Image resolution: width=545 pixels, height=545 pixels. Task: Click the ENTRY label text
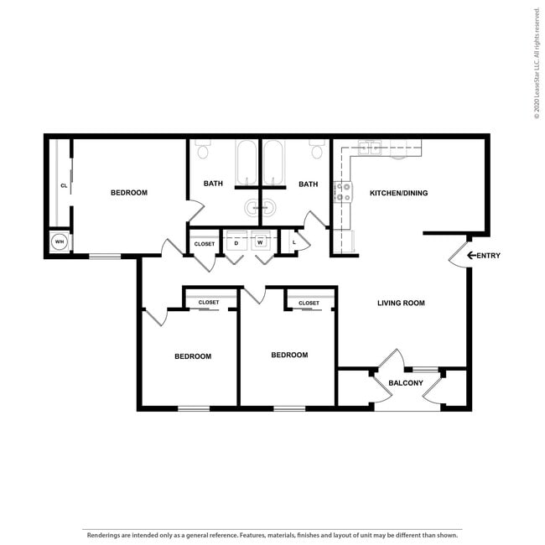pyautogui.click(x=488, y=256)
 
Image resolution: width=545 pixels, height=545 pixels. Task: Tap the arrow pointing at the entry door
pyautogui.click(x=471, y=256)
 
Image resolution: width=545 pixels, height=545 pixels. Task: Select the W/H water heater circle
pyautogui.click(x=60, y=241)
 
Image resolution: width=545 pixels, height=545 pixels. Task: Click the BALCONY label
pyautogui.click(x=406, y=383)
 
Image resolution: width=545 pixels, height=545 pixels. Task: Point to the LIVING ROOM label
pyautogui.click(x=401, y=303)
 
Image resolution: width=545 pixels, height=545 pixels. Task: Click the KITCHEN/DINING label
pyautogui.click(x=398, y=193)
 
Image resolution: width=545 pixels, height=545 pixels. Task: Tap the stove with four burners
pyautogui.click(x=343, y=192)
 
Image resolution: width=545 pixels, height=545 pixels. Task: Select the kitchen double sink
pyautogui.click(x=370, y=148)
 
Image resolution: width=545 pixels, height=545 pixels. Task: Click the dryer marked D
pyautogui.click(x=236, y=240)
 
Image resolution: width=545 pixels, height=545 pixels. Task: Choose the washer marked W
pyautogui.click(x=260, y=240)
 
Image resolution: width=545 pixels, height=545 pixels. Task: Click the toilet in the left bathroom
pyautogui.click(x=203, y=148)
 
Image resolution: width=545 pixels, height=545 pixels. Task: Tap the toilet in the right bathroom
pyautogui.click(x=317, y=148)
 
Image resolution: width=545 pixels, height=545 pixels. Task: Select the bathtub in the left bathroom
pyautogui.click(x=247, y=163)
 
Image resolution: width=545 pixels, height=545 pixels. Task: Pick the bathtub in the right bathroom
pyautogui.click(x=273, y=163)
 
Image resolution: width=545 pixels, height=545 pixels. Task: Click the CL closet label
pyautogui.click(x=64, y=185)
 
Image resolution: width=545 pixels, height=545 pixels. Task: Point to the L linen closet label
pyautogui.click(x=294, y=242)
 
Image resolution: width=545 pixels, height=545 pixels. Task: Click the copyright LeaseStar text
pyautogui.click(x=537, y=63)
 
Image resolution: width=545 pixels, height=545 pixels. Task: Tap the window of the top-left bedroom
pyautogui.click(x=105, y=257)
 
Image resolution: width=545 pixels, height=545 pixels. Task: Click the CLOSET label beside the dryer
pyautogui.click(x=205, y=244)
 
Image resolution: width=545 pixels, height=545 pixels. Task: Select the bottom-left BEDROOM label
pyautogui.click(x=193, y=356)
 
